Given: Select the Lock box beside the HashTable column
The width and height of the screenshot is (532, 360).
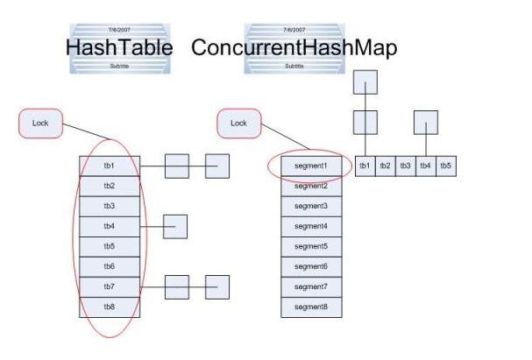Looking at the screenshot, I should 40,124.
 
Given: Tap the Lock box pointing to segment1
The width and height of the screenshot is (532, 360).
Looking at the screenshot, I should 238,124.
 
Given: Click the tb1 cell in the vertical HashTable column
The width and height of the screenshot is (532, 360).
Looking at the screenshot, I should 109,166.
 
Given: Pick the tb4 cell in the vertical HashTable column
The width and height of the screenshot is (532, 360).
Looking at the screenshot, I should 109,226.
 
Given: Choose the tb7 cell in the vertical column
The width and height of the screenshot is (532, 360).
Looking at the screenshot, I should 109,286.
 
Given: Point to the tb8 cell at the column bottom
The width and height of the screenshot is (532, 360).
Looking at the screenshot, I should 109,307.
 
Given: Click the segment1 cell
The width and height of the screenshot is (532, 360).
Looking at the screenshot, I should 310,166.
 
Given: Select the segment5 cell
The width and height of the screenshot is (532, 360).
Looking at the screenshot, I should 310,246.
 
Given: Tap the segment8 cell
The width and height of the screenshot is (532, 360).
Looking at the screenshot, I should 310,307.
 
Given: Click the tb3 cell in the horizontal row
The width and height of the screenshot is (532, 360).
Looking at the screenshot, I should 405,166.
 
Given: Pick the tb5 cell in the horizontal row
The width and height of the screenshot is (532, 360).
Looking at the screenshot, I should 445,166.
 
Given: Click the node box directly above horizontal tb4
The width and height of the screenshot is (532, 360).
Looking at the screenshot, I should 425,122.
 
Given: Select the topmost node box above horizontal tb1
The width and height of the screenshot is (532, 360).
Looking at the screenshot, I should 365,82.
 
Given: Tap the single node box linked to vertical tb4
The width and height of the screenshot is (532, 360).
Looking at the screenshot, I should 175,226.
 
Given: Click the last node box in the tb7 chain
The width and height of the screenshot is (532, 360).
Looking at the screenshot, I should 217,286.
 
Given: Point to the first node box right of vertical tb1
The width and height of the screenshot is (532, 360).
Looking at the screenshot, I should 176,166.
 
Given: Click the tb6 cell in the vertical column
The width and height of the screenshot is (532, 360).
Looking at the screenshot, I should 109,266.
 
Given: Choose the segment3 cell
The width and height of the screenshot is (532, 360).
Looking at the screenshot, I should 310,206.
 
